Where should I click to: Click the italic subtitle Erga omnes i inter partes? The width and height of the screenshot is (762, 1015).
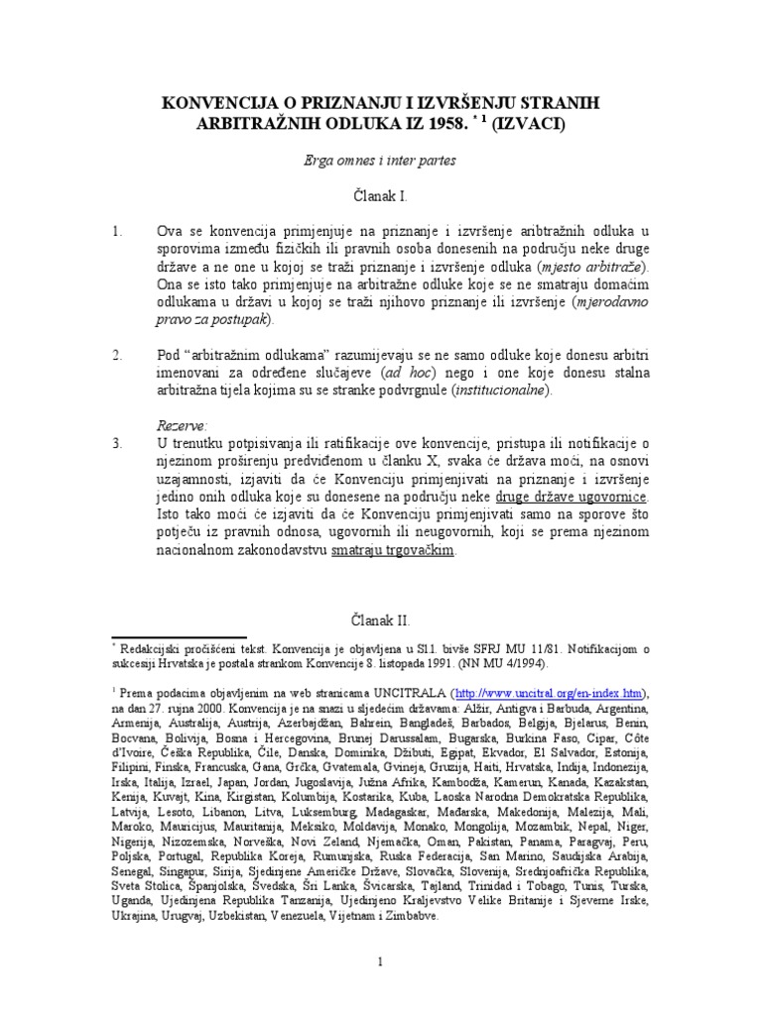[x=381, y=159]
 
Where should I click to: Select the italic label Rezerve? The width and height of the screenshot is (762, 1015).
[x=183, y=425]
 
